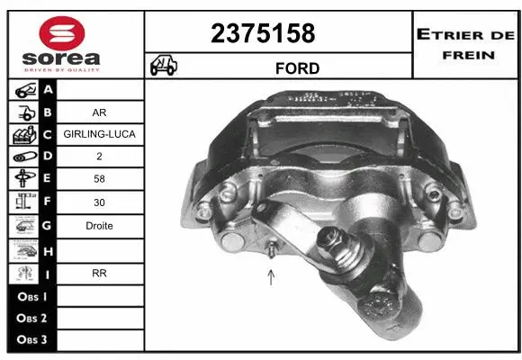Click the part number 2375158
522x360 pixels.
(263, 33)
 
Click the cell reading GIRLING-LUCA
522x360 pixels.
(99, 135)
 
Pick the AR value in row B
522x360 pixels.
(99, 113)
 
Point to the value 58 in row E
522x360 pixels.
(99, 179)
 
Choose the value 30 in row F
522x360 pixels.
(99, 203)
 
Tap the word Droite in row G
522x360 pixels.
(99, 226)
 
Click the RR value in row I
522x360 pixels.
(99, 273)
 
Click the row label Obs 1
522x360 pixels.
(31, 295)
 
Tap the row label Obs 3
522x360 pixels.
(31, 340)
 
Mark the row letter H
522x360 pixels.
(47, 250)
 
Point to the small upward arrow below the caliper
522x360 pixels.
(271, 276)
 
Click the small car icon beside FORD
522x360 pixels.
(165, 65)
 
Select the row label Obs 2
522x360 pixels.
(31, 318)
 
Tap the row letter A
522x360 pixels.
(47, 91)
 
